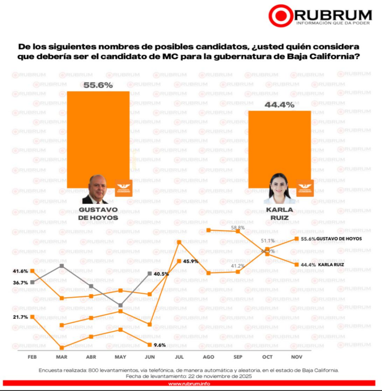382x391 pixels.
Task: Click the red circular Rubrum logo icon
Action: coord(281,16)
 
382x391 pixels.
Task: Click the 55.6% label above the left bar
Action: coord(98,86)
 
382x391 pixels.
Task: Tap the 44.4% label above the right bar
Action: coord(280,105)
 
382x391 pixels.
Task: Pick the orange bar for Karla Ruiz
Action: coord(279,145)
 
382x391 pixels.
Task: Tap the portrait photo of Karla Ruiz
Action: coord(279,189)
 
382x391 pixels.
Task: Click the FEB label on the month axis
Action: coord(32,357)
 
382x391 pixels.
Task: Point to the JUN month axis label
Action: coord(150,357)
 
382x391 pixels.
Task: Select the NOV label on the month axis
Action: coord(297,357)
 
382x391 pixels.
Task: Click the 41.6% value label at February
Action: coord(20,271)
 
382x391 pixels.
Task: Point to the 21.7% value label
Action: coord(20,317)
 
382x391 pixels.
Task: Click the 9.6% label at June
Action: coord(160,345)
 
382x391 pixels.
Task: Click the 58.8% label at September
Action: coord(238,228)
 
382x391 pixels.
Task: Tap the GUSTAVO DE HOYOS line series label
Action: coord(339,239)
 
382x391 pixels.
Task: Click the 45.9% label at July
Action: coord(190,262)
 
